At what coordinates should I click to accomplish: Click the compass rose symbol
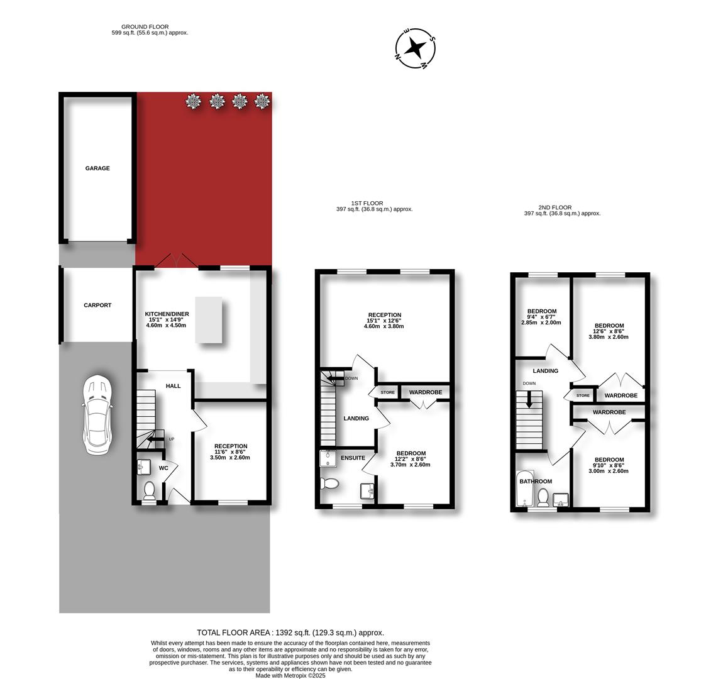pyautogui.click(x=415, y=47)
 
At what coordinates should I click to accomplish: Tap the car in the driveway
pyautogui.click(x=96, y=415)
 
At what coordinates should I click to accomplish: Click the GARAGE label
pyautogui.click(x=97, y=168)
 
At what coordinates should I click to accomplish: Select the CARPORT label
pyautogui.click(x=97, y=306)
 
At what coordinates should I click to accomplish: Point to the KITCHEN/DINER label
pyautogui.click(x=167, y=314)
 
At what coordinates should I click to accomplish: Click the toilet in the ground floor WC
pyautogui.click(x=149, y=490)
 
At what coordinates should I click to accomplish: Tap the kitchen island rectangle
pyautogui.click(x=209, y=319)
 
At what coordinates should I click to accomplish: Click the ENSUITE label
pyautogui.click(x=353, y=458)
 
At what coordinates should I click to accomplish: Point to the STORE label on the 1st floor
pyautogui.click(x=388, y=392)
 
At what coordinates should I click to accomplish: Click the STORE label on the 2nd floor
pyautogui.click(x=583, y=396)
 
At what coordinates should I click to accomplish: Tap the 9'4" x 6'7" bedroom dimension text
pyautogui.click(x=541, y=317)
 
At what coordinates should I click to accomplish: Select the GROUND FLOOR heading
pyautogui.click(x=145, y=27)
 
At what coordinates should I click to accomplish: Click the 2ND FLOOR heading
pyautogui.click(x=555, y=207)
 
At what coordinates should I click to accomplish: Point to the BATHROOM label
pyautogui.click(x=536, y=482)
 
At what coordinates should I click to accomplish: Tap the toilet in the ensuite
pyautogui.click(x=330, y=483)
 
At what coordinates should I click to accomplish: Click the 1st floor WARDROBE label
pyautogui.click(x=426, y=392)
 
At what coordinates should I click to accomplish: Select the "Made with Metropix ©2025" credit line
pyautogui.click(x=290, y=676)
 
